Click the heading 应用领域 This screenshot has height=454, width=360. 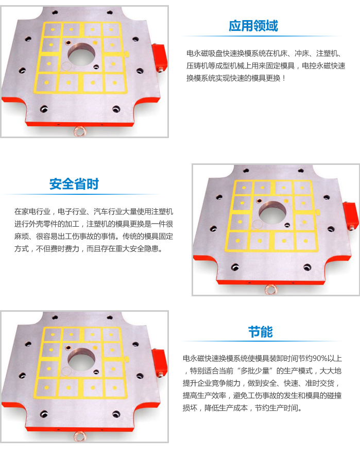click(253, 26)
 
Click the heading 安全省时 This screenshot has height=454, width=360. click(74, 184)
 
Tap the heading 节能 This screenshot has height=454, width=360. click(260, 331)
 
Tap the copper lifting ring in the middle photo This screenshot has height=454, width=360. click(270, 290)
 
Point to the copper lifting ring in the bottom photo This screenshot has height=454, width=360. click(80, 436)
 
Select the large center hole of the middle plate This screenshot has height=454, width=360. click(271, 213)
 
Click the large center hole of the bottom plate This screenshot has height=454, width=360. click(81, 360)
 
